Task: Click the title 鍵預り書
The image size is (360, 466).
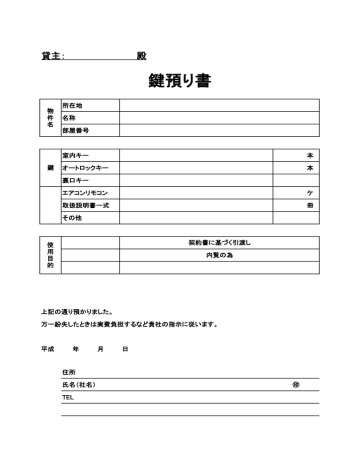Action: click(x=179, y=81)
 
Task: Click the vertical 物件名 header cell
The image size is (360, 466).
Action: click(x=50, y=117)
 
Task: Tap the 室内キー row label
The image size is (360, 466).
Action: click(x=76, y=155)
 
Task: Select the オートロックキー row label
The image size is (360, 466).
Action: click(x=85, y=168)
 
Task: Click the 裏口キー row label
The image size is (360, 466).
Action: click(x=76, y=180)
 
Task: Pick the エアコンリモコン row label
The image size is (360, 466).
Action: click(x=85, y=192)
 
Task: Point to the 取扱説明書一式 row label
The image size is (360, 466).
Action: click(x=85, y=205)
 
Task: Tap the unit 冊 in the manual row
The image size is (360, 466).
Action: click(x=310, y=205)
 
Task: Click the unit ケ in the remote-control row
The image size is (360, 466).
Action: click(x=310, y=192)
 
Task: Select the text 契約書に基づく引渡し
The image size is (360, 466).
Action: click(x=219, y=243)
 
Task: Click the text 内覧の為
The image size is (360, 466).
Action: click(x=219, y=256)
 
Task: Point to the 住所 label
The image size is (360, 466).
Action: click(x=69, y=372)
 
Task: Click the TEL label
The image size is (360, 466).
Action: click(x=68, y=397)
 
